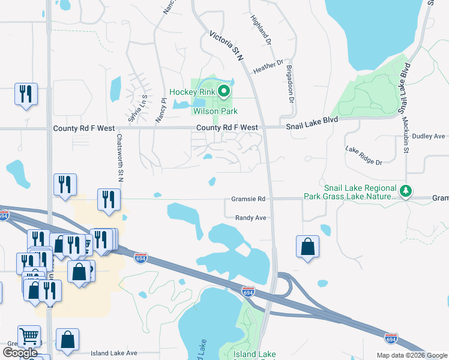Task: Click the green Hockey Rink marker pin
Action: [224, 92]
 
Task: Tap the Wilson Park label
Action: [215, 111]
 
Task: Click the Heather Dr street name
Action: [268, 64]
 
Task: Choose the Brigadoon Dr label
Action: [290, 83]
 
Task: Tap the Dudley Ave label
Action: [427, 136]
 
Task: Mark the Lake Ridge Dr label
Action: [363, 155]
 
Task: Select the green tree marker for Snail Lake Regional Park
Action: [406, 191]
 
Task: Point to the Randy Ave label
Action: [250, 218]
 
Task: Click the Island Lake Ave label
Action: [115, 353]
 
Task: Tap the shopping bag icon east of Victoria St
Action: [307, 246]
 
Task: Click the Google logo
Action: [20, 353]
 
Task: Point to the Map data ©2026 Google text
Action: [412, 355]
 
